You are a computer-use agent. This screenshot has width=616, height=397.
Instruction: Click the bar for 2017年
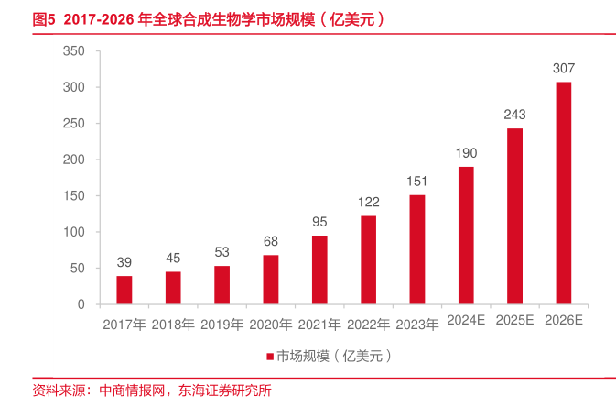[x=124, y=290]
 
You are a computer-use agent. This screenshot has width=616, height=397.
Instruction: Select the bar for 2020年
[x=271, y=280]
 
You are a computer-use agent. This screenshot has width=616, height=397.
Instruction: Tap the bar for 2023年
[x=417, y=249]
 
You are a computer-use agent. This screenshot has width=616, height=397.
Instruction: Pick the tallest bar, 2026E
[x=564, y=193]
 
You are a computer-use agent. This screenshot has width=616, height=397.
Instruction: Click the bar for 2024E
[x=466, y=235]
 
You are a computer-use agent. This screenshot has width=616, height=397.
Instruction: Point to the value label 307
[x=564, y=69]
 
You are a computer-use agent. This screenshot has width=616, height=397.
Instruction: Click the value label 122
[x=368, y=202]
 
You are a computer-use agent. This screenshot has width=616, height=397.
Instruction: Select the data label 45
[x=173, y=258]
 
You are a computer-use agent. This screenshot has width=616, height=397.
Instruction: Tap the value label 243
[x=515, y=115]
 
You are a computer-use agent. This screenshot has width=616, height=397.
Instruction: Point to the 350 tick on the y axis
[x=73, y=51]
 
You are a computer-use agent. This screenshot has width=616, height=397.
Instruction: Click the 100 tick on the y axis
[x=73, y=232]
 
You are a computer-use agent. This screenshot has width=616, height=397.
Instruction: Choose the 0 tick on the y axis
[x=81, y=304]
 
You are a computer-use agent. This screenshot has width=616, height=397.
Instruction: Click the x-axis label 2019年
[x=222, y=324]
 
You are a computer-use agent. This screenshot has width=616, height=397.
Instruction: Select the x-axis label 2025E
[x=515, y=321]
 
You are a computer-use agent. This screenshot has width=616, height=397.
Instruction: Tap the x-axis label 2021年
[x=319, y=324]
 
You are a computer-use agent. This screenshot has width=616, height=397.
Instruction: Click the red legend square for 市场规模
[x=270, y=356]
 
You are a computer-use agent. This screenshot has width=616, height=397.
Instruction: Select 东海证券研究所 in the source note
[x=223, y=389]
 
